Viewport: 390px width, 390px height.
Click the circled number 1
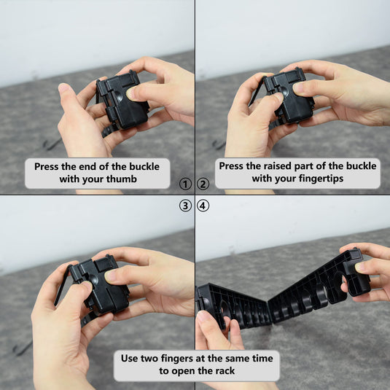(185, 184)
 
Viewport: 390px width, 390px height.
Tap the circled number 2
(203, 184)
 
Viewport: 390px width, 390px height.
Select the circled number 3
(185, 206)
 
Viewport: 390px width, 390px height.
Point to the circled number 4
(203, 206)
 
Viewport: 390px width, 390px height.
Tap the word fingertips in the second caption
(321, 179)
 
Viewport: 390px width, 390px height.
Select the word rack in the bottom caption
(225, 371)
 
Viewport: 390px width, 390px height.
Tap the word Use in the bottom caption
(130, 359)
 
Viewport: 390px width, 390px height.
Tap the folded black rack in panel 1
(122, 100)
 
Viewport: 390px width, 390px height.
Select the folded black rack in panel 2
(289, 95)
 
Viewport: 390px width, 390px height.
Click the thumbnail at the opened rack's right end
(360, 267)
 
